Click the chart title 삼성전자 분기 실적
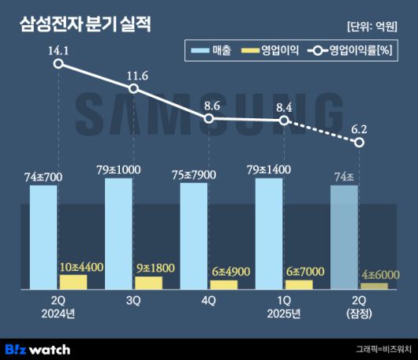click(x=84, y=24)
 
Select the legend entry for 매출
click(x=209, y=51)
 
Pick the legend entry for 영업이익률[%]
click(x=352, y=51)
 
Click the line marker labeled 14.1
click(x=58, y=64)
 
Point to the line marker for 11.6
click(x=133, y=88)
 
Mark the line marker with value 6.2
click(x=360, y=142)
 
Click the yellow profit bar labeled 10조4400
click(x=74, y=281)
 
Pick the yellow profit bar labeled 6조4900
click(x=224, y=284)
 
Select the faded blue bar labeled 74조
click(x=344, y=237)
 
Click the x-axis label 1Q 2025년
click(x=284, y=307)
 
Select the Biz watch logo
click(x=38, y=348)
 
